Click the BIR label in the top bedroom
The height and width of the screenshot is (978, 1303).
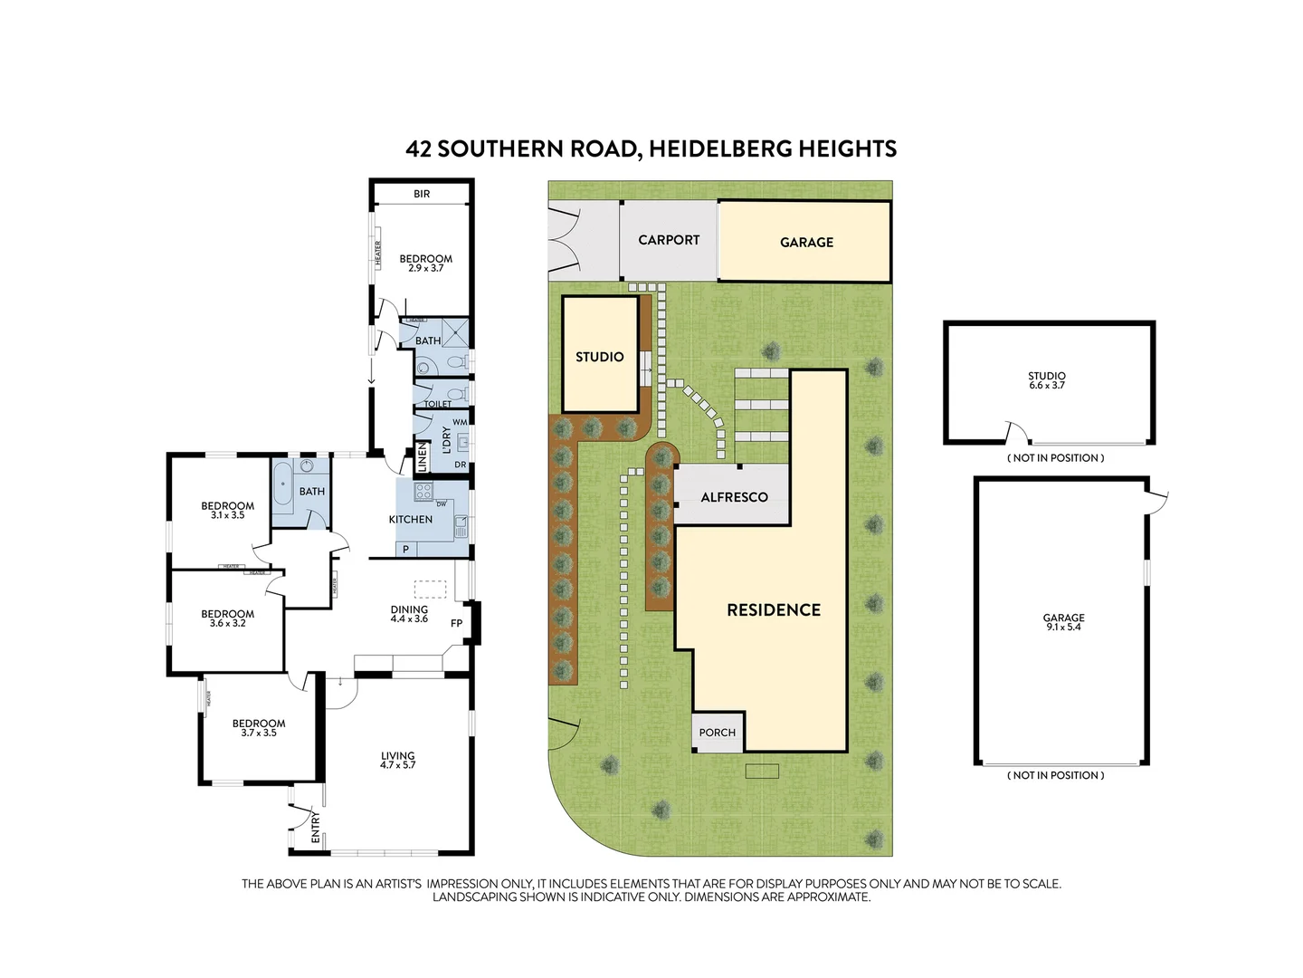click(x=422, y=194)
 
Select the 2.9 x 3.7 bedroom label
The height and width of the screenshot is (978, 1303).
click(x=425, y=264)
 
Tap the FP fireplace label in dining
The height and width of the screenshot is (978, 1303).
click(x=457, y=623)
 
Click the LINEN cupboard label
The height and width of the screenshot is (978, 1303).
click(x=422, y=457)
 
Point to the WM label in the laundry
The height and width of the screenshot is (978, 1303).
click(x=460, y=422)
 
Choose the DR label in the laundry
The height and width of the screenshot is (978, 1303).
click(x=461, y=465)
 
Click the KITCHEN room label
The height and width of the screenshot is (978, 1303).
click(x=411, y=519)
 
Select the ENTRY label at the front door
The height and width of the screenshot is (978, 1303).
click(x=316, y=829)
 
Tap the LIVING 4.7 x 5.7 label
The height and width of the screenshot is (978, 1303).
click(x=397, y=760)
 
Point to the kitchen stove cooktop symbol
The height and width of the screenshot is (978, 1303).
click(x=423, y=492)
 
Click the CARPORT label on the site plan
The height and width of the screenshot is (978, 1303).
click(x=669, y=240)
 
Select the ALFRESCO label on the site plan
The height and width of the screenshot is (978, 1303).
click(x=734, y=497)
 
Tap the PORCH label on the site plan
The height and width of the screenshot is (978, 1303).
click(x=718, y=733)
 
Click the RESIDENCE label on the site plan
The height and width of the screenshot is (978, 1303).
click(x=774, y=610)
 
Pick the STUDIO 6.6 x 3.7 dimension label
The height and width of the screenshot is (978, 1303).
click(x=1047, y=380)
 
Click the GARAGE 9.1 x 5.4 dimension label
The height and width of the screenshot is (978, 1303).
click(x=1063, y=622)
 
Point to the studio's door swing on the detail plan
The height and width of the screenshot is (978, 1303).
click(x=1017, y=432)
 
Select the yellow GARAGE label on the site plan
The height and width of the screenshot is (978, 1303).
click(x=806, y=242)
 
